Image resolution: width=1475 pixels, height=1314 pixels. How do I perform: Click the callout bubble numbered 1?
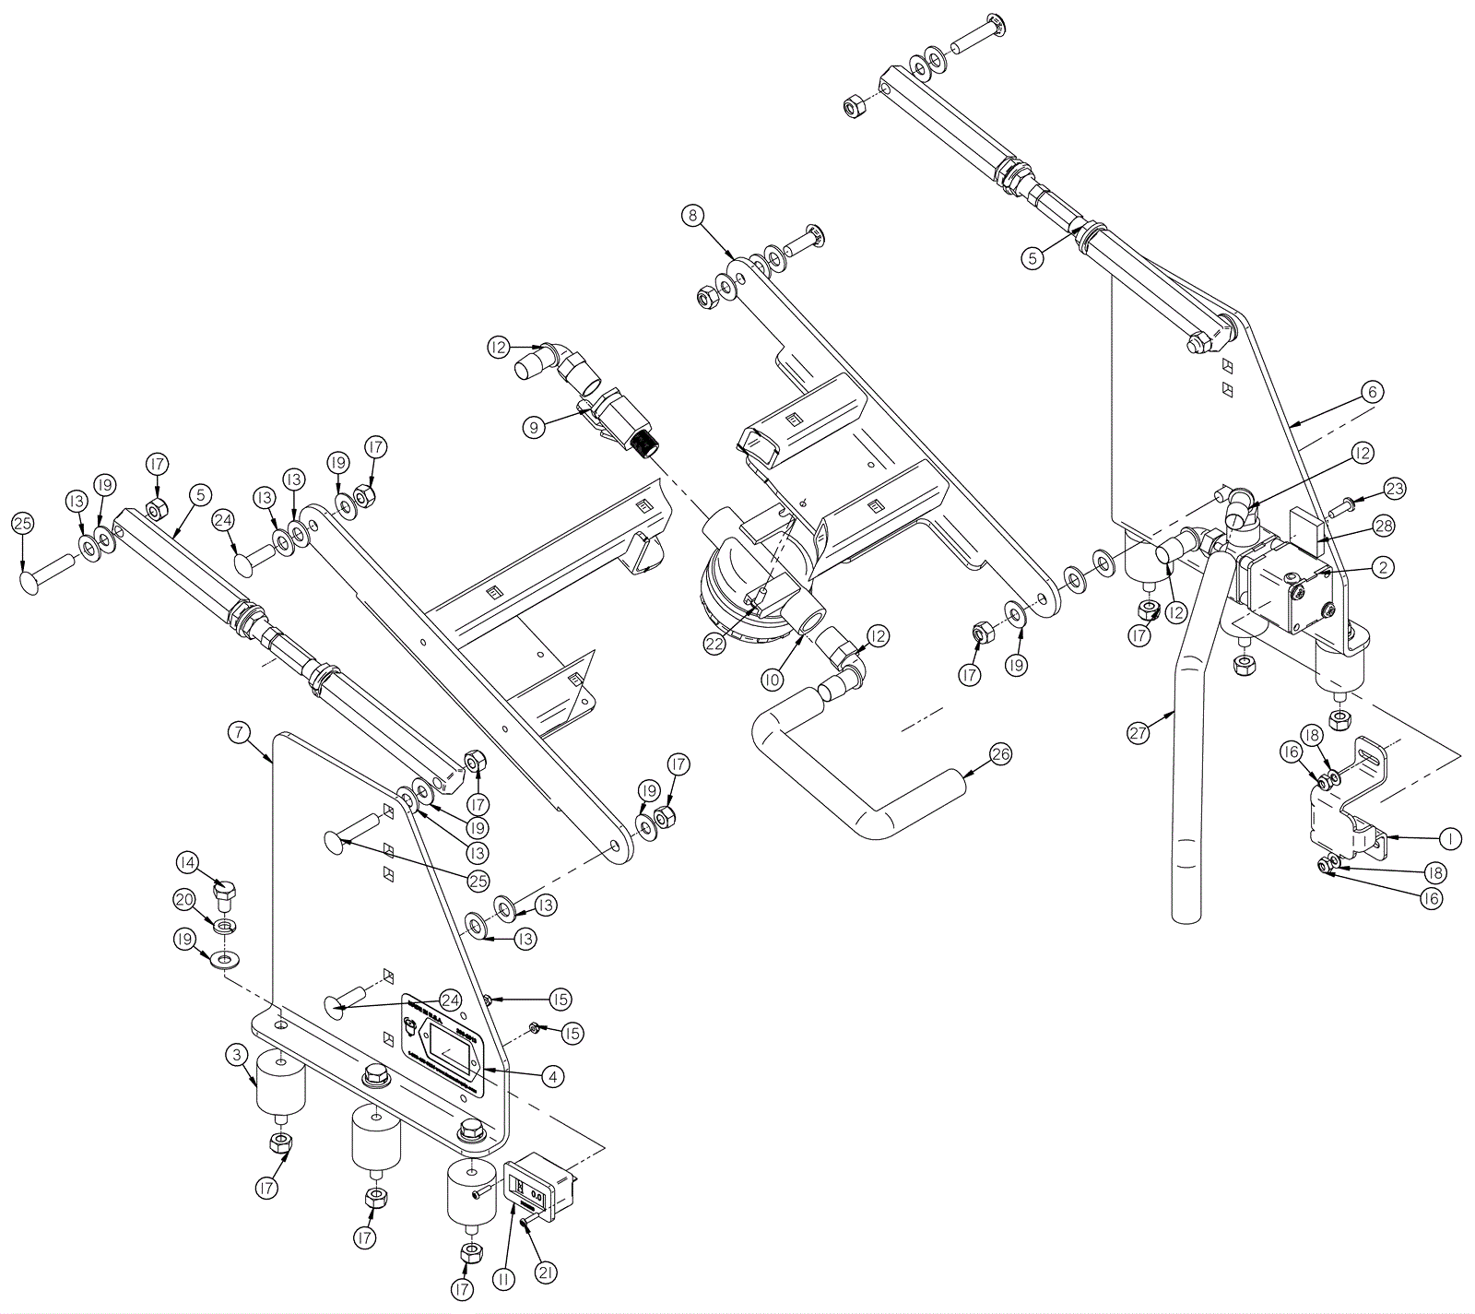coord(1450,838)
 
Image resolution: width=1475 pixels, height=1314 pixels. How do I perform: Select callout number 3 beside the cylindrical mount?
coord(238,1054)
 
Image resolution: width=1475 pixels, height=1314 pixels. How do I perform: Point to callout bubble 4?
coord(552,1075)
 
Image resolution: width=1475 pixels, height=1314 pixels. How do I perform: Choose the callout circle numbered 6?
coord(1371,392)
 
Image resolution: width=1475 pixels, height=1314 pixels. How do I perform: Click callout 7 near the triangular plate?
coord(238,733)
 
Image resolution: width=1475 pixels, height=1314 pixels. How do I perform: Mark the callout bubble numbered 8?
coord(692,216)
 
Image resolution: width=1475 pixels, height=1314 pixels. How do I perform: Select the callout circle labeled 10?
coord(772,680)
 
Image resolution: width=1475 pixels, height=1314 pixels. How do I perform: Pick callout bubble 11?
coord(503,1279)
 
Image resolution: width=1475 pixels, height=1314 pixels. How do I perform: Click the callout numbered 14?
coord(188,863)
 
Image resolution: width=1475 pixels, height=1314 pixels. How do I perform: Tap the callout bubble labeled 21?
coord(546,1273)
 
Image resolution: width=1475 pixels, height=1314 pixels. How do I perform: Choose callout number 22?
coord(714,645)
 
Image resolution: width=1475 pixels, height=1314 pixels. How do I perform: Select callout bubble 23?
coord(1395,488)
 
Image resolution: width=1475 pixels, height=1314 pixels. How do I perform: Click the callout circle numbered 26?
coord(1000,754)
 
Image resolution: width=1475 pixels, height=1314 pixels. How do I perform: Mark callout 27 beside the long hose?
coord(1139,733)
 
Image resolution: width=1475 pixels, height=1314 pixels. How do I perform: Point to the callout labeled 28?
coord(1384,526)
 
